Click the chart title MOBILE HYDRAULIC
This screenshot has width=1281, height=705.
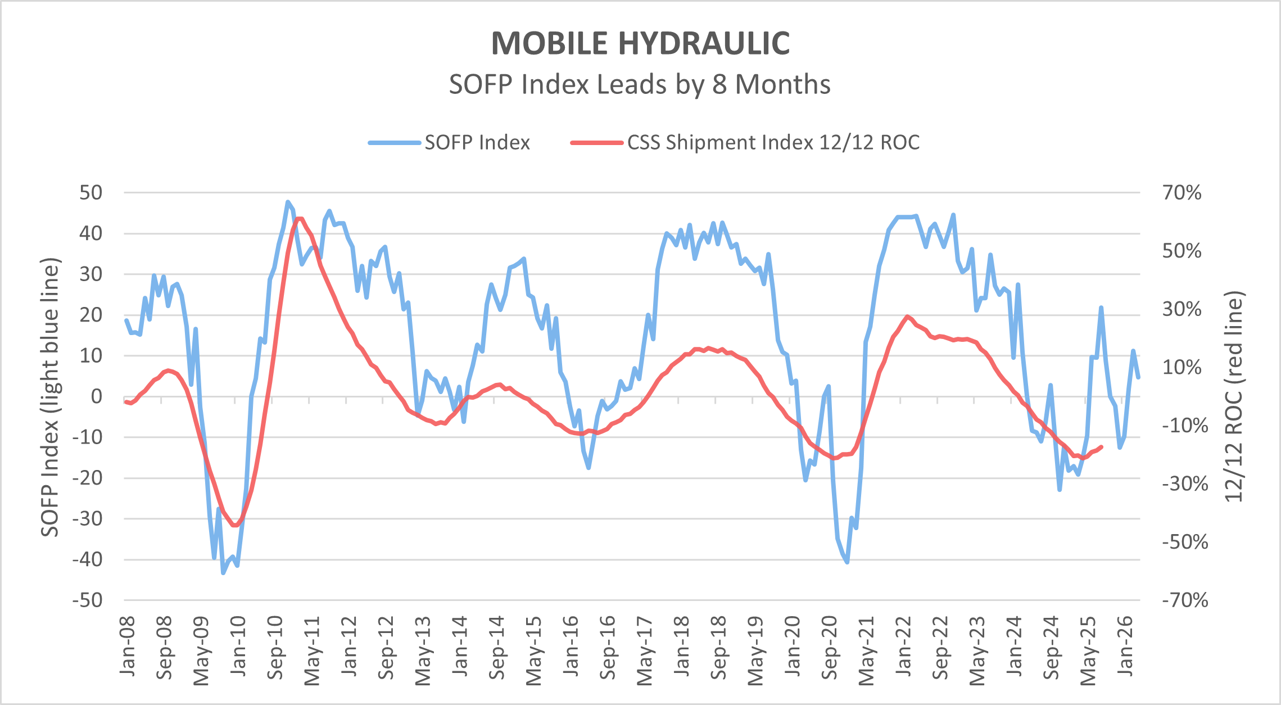tap(640, 43)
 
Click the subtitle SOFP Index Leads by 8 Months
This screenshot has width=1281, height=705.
tap(640, 85)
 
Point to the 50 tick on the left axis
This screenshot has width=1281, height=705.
tap(91, 193)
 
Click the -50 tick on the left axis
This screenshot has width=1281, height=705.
tap(87, 600)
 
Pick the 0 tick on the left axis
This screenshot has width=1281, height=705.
tap(97, 396)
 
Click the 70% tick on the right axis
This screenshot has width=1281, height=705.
tap(1182, 193)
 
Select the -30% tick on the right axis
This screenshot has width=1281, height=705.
tap(1185, 483)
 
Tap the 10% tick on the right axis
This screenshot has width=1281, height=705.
tap(1182, 367)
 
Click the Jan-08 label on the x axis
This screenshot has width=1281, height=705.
tap(128, 647)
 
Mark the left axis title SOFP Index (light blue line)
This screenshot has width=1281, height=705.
tap(50, 397)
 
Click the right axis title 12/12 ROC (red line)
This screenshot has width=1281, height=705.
tap(1234, 397)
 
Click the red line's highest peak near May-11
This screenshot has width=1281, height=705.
tap(299, 219)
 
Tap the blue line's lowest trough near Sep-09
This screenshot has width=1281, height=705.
tap(223, 573)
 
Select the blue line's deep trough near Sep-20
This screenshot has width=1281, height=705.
tap(847, 562)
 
